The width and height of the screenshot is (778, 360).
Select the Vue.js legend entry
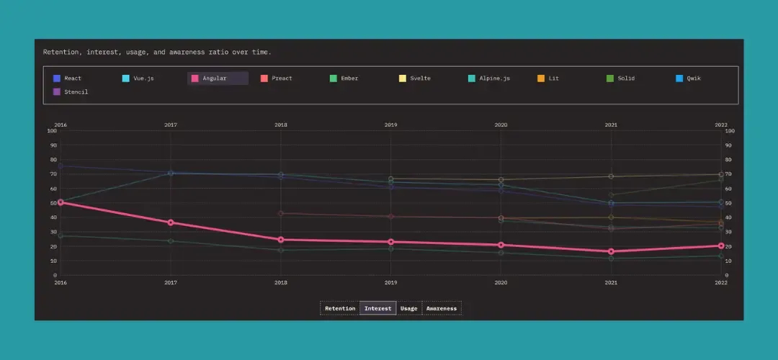pyautogui.click(x=138, y=78)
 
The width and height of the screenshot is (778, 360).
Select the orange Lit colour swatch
pyautogui.click(x=541, y=78)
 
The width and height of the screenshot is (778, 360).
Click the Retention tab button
pyautogui.click(x=340, y=309)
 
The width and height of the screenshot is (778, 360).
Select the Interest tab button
pyautogui.click(x=378, y=309)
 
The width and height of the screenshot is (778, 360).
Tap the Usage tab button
pyautogui.click(x=408, y=309)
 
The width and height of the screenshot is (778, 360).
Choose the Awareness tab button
pyautogui.click(x=442, y=309)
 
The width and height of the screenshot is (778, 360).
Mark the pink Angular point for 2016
pyautogui.click(x=61, y=202)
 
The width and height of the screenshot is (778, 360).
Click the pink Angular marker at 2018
pyautogui.click(x=281, y=240)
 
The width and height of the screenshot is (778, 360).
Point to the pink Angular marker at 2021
pyautogui.click(x=611, y=251)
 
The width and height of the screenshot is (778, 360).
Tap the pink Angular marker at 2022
pyautogui.click(x=721, y=246)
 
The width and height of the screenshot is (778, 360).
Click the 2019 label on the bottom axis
pyautogui.click(x=391, y=283)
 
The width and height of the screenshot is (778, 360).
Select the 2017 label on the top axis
pyautogui.click(x=171, y=125)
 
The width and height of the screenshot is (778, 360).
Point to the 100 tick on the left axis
pyautogui.click(x=52, y=131)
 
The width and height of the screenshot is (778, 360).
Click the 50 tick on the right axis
pyautogui.click(x=729, y=203)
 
